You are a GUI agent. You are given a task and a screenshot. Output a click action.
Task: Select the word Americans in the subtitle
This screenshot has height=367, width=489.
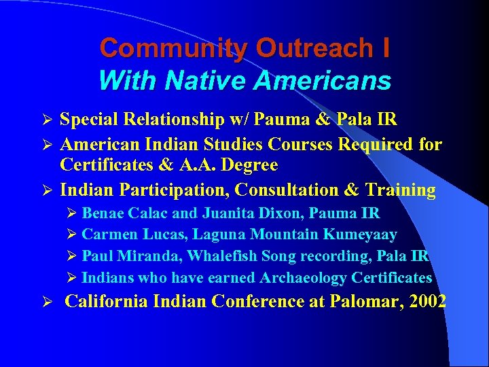(322, 82)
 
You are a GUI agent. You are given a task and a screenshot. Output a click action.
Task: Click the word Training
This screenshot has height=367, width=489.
(399, 190)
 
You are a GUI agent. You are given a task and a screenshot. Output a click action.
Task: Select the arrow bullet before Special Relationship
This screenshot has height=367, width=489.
(47, 120)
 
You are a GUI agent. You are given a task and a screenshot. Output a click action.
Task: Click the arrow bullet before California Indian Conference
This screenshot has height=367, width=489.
(47, 302)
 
